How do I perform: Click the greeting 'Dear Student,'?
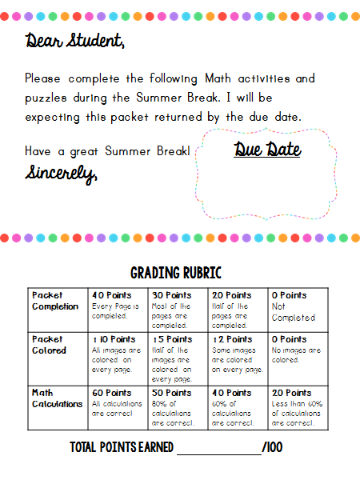[74, 41]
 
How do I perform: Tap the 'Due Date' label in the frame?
[267, 150]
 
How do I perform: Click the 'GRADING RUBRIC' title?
[176, 273]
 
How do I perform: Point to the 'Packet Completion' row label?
[55, 301]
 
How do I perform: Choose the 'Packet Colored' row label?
[50, 345]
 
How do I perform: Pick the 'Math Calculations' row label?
[57, 398]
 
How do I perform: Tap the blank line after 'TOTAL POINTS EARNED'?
[218, 449]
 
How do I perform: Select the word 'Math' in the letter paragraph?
[218, 78]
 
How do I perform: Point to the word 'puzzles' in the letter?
[48, 98]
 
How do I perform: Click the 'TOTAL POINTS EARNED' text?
[121, 447]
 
